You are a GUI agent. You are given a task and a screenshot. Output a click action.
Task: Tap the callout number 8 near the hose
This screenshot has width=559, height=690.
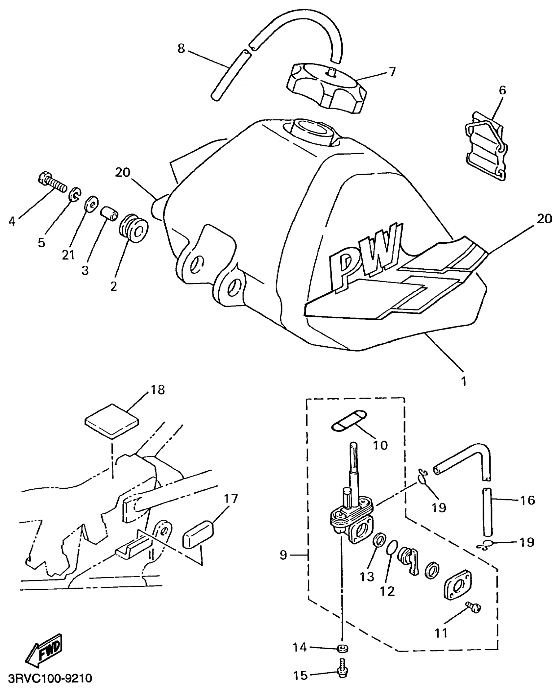(181, 49)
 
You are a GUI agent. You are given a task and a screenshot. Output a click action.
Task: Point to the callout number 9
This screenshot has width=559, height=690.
(283, 555)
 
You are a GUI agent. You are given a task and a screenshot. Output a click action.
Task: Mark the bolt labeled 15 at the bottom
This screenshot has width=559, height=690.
(342, 669)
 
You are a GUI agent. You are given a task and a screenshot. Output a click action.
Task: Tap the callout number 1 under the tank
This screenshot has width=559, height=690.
(464, 381)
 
